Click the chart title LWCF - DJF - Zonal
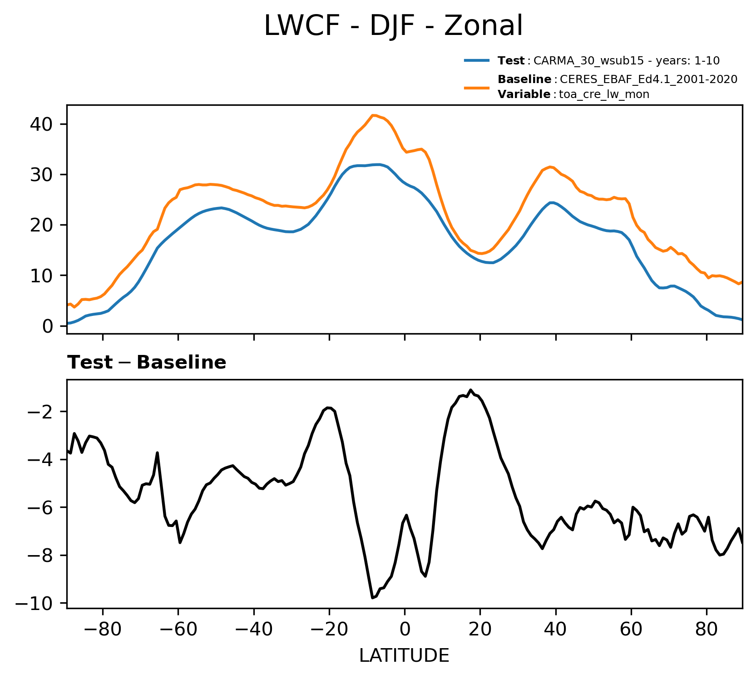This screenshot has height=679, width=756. [393, 26]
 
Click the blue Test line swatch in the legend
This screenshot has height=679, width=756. [476, 60]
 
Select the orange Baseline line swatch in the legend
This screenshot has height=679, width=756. [476, 87]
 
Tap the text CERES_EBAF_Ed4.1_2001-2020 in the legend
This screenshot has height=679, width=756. [648, 79]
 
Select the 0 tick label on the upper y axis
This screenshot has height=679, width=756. [48, 326]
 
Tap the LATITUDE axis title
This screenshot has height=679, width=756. [404, 656]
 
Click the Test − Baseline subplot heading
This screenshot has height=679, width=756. [147, 363]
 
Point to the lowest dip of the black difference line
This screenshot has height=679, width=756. [372, 598]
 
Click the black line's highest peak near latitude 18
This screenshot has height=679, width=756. [471, 390]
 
